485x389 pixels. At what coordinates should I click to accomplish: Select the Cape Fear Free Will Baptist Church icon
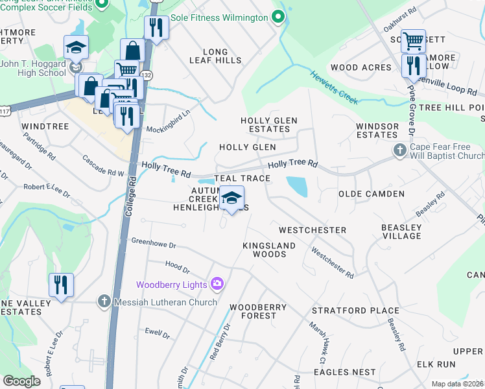point(400,151)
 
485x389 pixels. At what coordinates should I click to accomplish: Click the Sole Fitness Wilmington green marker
point(278,18)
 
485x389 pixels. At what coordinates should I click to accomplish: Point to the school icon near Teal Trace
point(231,198)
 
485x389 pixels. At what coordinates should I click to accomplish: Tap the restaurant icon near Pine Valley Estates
point(61,285)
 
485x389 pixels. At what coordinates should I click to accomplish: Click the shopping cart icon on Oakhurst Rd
point(413,41)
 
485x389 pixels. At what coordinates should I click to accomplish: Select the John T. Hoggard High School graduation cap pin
point(76,47)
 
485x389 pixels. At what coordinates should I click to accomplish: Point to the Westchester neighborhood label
point(312,230)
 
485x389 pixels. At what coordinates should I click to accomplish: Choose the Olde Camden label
point(372,194)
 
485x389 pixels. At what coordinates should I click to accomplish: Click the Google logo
point(21,381)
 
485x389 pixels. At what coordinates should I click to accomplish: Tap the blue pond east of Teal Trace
point(296,187)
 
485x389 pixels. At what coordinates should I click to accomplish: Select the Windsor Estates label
point(377,130)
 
